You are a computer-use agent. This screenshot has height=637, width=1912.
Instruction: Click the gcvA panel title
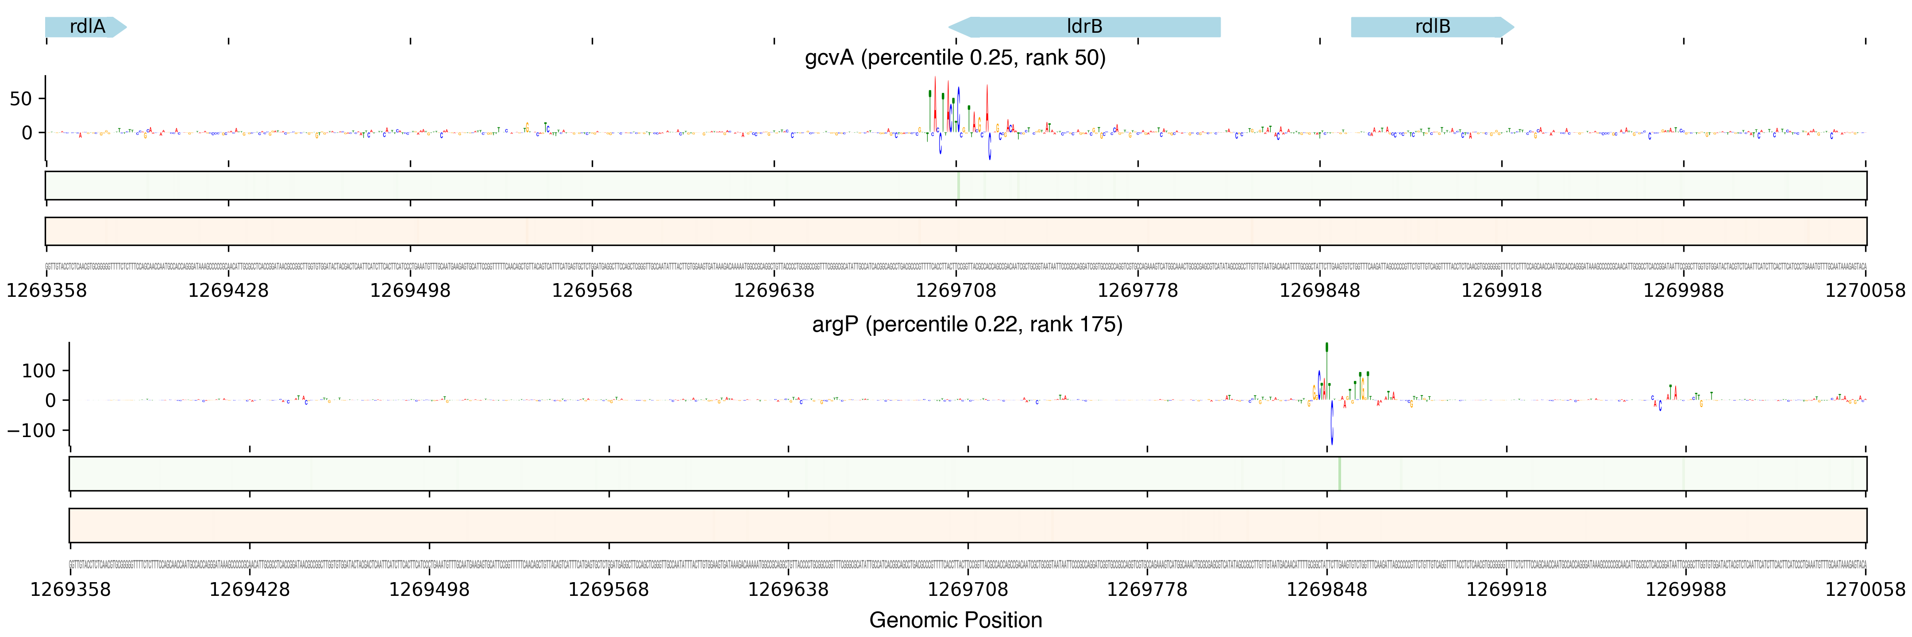coord(955,58)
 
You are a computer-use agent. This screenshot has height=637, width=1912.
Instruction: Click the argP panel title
coord(967,324)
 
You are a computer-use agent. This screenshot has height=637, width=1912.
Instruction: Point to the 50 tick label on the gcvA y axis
coord(21,99)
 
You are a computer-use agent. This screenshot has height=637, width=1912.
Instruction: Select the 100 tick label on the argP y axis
coord(39,371)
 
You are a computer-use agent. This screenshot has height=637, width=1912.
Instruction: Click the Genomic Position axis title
coord(955,620)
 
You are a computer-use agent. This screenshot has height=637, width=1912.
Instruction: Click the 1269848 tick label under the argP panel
coord(1326,590)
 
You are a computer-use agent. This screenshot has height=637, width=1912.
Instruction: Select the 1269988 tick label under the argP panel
coord(1686,590)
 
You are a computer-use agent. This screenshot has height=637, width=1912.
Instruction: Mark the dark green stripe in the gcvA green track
coord(958,185)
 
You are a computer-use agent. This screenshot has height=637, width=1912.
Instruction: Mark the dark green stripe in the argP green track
coord(1339,473)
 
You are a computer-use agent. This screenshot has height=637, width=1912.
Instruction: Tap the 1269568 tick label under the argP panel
coord(609,590)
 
